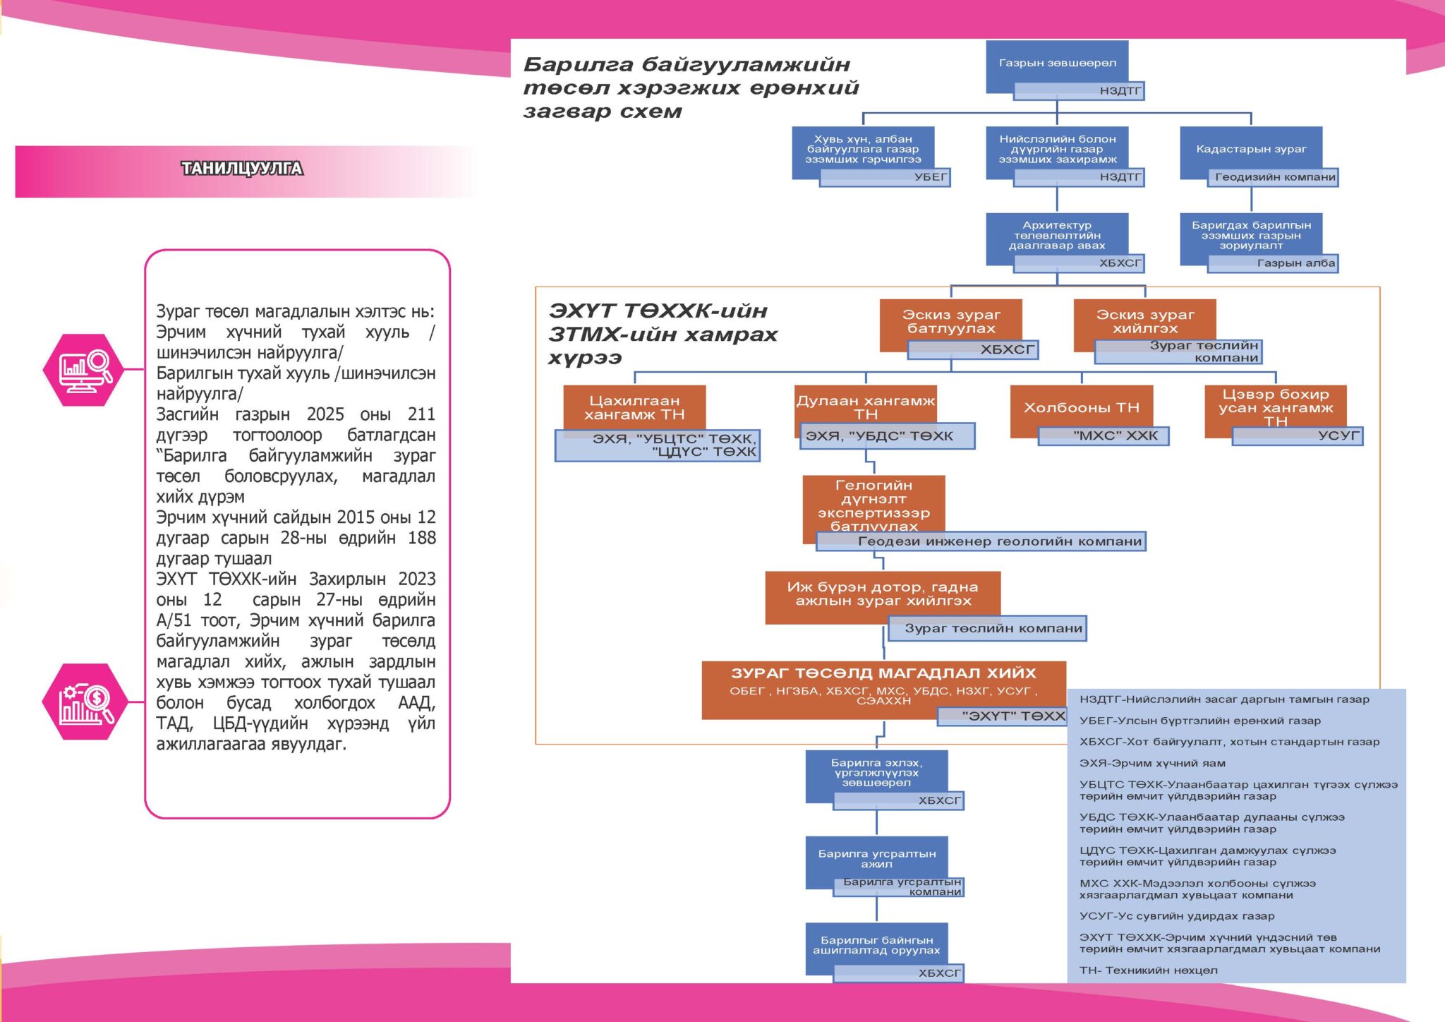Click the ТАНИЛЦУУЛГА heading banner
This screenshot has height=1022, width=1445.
click(x=242, y=169)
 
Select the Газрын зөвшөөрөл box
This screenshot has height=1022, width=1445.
click(x=1056, y=64)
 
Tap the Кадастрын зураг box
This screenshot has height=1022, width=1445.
click(x=1250, y=150)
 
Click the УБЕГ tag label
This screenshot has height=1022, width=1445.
click(x=930, y=177)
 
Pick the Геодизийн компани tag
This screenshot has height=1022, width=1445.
click(x=1274, y=177)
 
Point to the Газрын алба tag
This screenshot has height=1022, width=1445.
click(x=1295, y=263)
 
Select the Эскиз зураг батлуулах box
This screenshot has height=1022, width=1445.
click(x=950, y=322)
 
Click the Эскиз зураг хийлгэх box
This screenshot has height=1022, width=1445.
click(x=1144, y=322)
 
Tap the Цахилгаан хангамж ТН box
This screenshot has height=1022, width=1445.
click(x=634, y=407)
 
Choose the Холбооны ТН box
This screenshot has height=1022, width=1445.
click(x=1081, y=408)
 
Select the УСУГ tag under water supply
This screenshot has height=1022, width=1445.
click(x=1337, y=436)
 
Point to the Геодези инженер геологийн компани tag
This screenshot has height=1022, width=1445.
click(x=999, y=541)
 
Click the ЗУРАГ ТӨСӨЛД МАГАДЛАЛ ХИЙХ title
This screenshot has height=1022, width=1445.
click(x=883, y=673)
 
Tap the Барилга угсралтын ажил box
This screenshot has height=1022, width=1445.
click(x=876, y=859)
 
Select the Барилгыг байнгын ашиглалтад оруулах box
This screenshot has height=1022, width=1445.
click(x=876, y=945)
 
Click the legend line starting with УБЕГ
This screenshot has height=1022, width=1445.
click(x=1199, y=721)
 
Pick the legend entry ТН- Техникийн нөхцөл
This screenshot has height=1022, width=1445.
click(x=1148, y=970)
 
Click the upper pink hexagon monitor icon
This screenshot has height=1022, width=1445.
click(x=84, y=370)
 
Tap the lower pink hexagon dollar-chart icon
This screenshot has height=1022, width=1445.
click(x=85, y=702)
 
